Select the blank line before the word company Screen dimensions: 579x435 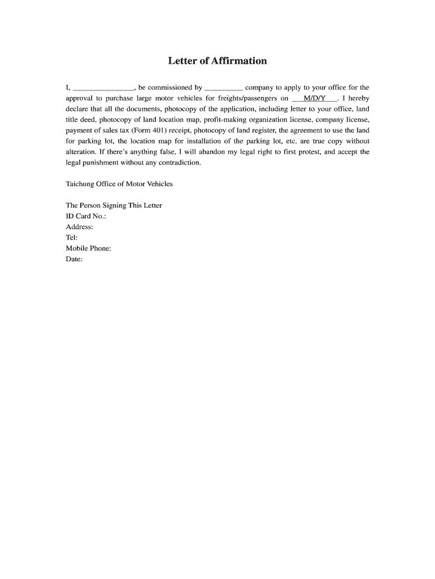coord(223,88)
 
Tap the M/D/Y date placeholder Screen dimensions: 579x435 coord(315,98)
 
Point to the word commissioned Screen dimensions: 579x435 coord(170,88)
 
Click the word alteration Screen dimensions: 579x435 coord(81,152)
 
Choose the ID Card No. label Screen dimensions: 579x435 coord(86,217)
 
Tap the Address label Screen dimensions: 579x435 coord(80,227)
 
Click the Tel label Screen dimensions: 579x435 coord(72,238)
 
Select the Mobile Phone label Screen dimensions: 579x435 coord(89,249)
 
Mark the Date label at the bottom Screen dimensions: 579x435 coord(74,260)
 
